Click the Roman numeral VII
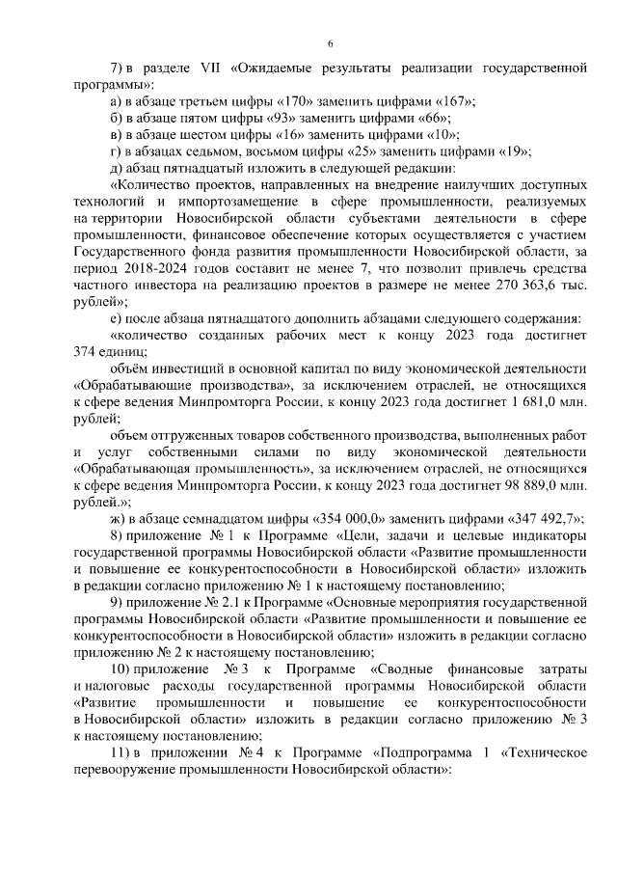click(x=206, y=68)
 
